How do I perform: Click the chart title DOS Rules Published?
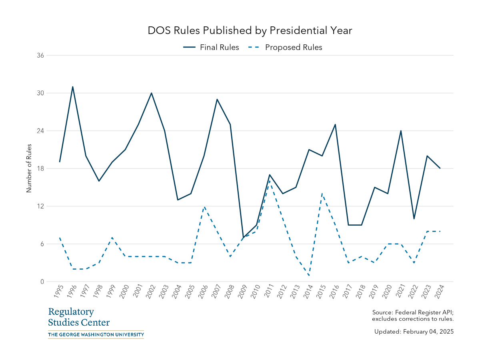pyautogui.click(x=250, y=31)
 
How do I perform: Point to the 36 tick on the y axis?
pyautogui.click(x=40, y=56)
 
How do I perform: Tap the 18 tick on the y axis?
pyautogui.click(x=40, y=168)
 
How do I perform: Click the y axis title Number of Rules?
pyautogui.click(x=29, y=168)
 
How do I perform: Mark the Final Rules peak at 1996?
pyautogui.click(x=73, y=87)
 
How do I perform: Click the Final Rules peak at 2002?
pyautogui.click(x=152, y=93)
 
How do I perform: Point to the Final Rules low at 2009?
pyautogui.click(x=243, y=237)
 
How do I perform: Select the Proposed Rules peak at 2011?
pyautogui.click(x=270, y=181)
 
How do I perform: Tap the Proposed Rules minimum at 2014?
pyautogui.click(x=309, y=275)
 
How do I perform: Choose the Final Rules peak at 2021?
pyautogui.click(x=401, y=131)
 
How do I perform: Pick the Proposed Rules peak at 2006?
pyautogui.click(x=204, y=206)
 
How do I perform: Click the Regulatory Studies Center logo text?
pyautogui.click(x=79, y=317)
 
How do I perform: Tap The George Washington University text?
pyautogui.click(x=96, y=334)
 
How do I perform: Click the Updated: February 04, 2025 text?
pyautogui.click(x=414, y=332)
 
